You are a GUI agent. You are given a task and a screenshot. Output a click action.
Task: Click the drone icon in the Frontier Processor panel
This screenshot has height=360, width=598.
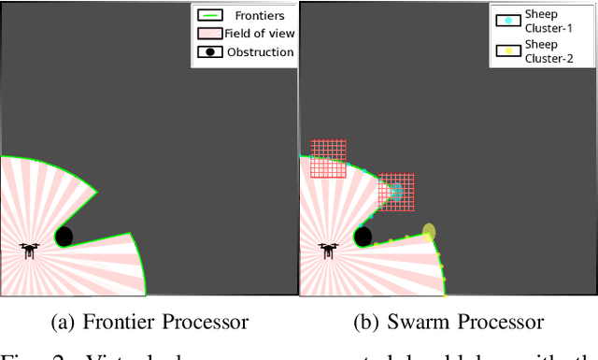(29, 251)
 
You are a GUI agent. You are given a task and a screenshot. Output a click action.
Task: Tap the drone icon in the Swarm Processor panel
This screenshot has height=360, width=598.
(328, 251)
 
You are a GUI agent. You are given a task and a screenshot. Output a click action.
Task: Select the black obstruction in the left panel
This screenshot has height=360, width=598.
(64, 237)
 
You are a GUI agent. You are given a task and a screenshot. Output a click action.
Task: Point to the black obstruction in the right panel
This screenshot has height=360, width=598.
(363, 237)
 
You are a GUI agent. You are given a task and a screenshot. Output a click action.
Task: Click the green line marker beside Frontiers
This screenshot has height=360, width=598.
(211, 16)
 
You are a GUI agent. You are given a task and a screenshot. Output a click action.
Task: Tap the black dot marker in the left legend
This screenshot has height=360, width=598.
(211, 51)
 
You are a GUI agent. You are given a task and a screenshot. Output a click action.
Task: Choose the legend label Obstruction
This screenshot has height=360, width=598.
(261, 51)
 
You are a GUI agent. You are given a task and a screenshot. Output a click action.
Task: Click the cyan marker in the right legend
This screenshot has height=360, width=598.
(505, 19)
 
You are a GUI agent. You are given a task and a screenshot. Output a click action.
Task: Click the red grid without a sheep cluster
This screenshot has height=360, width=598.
(328, 158)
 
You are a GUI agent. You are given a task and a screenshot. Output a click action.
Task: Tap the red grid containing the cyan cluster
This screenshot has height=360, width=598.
(396, 192)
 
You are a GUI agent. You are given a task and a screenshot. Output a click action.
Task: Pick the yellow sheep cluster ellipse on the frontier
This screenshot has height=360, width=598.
(429, 232)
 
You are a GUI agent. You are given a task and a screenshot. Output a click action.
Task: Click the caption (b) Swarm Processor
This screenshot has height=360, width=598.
(448, 323)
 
